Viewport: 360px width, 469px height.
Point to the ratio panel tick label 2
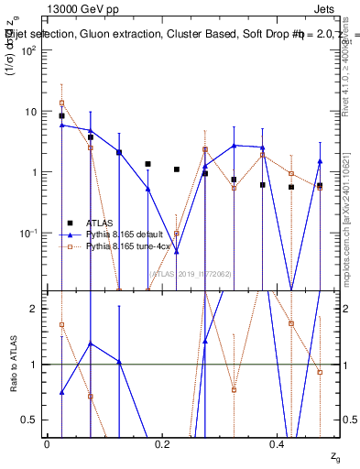pos(35,309)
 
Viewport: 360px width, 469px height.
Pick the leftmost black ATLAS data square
pos(61,116)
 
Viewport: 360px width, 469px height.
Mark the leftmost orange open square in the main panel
pos(61,103)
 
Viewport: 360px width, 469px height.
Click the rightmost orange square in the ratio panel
pos(320,372)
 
